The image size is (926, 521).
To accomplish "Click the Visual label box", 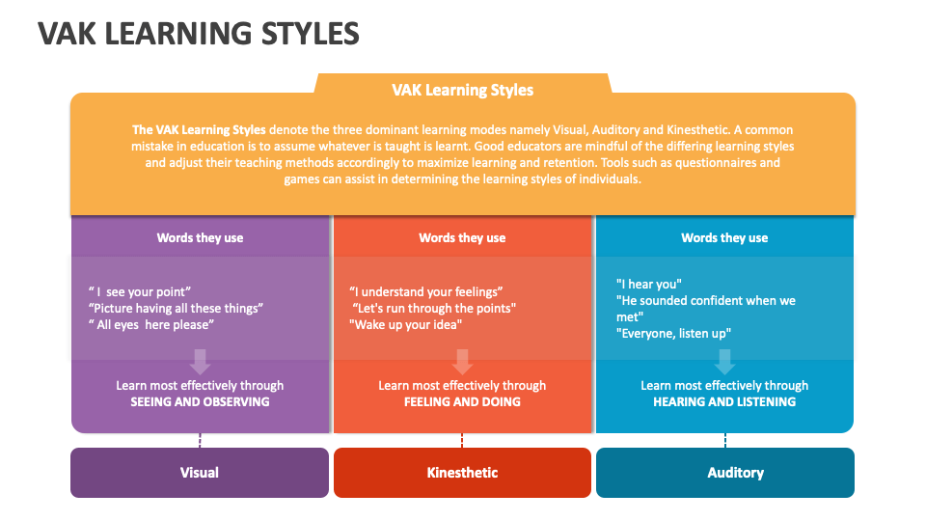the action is tap(200, 473).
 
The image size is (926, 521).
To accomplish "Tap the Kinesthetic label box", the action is tap(462, 473).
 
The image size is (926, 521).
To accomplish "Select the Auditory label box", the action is tap(725, 473).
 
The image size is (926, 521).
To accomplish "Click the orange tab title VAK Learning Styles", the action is tap(462, 90).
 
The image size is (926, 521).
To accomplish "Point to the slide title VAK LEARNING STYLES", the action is tap(199, 33).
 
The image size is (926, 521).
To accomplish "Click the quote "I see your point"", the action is tap(139, 291).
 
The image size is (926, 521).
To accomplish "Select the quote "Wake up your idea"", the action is tap(406, 325).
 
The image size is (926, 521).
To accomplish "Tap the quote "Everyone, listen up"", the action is tap(674, 333).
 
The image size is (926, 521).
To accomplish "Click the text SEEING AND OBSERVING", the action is tap(201, 401).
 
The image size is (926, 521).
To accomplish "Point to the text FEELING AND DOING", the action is tap(462, 401).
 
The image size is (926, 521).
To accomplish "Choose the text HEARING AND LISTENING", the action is tap(724, 401).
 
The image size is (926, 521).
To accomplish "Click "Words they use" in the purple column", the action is tap(201, 237).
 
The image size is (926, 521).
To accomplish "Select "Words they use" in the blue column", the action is tap(724, 237).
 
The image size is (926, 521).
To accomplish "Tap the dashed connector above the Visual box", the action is tap(200, 441).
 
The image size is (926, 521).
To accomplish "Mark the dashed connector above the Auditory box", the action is tap(725, 441).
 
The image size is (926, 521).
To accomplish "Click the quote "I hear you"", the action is tap(649, 284).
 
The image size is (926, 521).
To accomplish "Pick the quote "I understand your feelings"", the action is tap(425, 291).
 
